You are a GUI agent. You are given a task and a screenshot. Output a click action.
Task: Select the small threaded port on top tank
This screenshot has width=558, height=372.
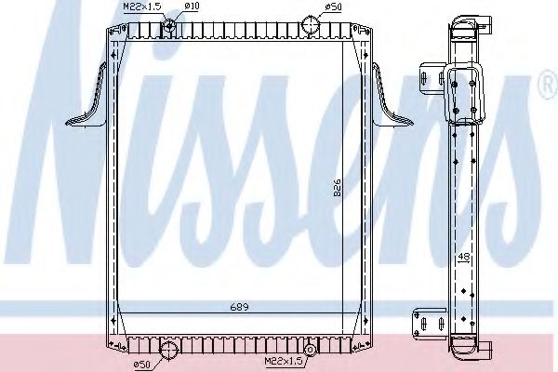pyautogui.click(x=168, y=25)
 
